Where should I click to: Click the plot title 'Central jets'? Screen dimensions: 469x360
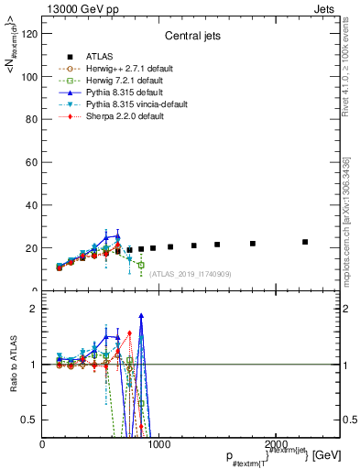pyautogui.click(x=191, y=38)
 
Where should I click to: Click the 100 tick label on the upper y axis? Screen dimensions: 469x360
pyautogui.click(x=29, y=77)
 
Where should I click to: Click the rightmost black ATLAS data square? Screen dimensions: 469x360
pyautogui.click(x=305, y=242)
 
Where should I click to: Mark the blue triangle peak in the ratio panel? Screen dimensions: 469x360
pyautogui.click(x=141, y=316)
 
